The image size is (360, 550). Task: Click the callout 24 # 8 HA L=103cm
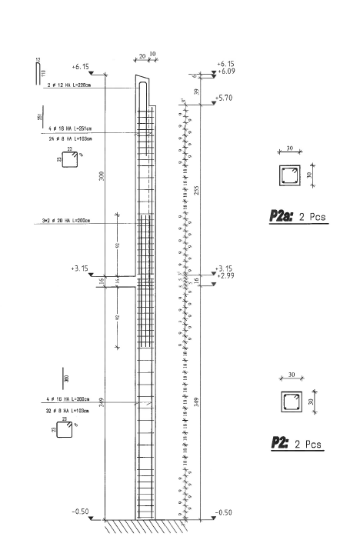click(68, 138)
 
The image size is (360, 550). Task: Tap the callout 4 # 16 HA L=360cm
click(68, 400)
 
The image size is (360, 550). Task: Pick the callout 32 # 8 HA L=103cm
click(68, 412)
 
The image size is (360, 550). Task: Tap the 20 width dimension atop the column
click(142, 56)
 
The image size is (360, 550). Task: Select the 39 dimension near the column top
click(196, 90)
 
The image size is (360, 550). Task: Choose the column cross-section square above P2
click(290, 402)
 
